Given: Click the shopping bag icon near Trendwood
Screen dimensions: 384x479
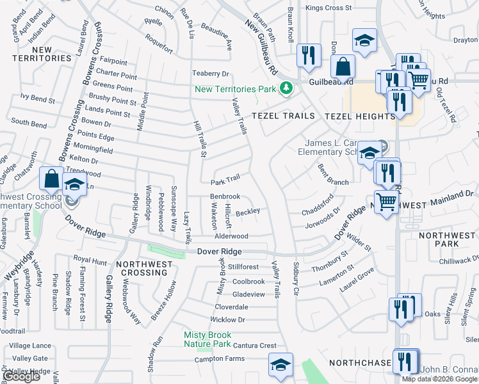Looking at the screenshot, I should click(51, 179).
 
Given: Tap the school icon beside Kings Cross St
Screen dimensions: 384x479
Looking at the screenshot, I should click(364, 40).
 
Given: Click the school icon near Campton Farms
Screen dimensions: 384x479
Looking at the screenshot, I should click(280, 365).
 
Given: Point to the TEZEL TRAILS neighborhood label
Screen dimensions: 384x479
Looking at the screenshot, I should click(284, 116).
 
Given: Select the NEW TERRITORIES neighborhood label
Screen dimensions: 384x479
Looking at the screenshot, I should click(42, 54).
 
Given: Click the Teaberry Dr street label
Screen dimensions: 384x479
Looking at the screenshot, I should click(211, 74).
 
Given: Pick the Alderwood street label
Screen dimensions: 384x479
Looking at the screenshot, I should click(231, 236).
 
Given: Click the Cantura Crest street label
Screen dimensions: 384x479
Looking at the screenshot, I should click(254, 346).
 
